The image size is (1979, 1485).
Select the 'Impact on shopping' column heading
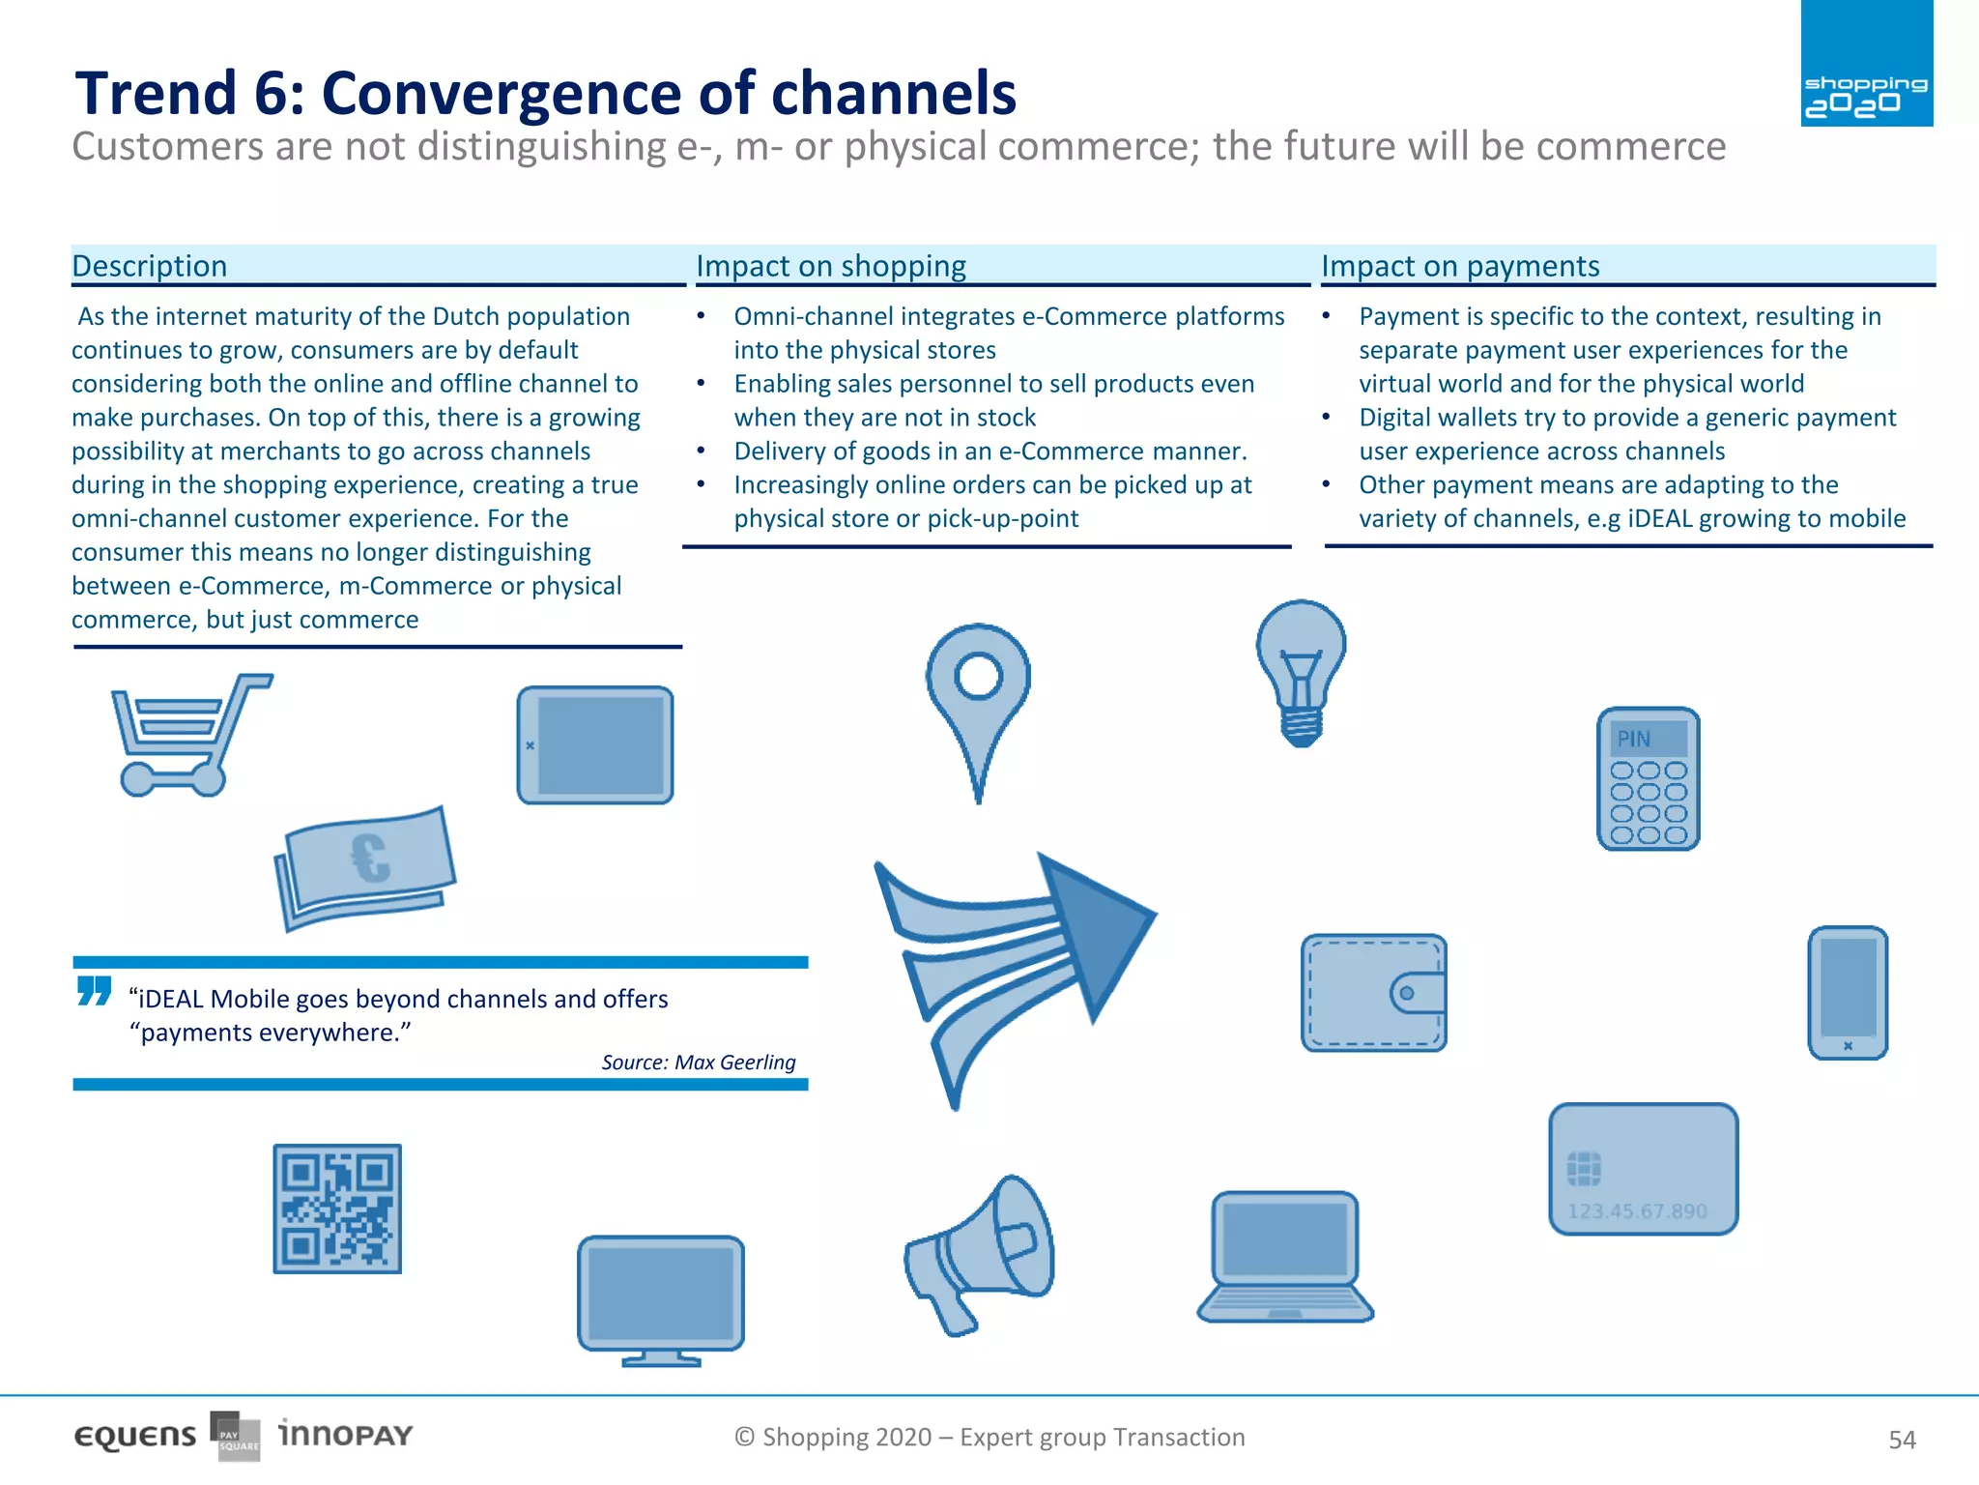pyautogui.click(x=830, y=266)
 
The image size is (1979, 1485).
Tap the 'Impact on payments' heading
pyautogui.click(x=1459, y=266)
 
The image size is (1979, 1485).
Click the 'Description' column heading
pyautogui.click(x=150, y=266)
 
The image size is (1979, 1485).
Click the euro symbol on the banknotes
pyautogui.click(x=370, y=858)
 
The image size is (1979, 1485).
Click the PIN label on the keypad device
pyautogui.click(x=1634, y=740)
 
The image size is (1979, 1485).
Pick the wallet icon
pyautogui.click(x=1373, y=993)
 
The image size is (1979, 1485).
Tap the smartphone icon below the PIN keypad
pyautogui.click(x=1847, y=993)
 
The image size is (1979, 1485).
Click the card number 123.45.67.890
pyautogui.click(x=1636, y=1211)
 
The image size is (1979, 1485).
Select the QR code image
pyautogui.click(x=336, y=1208)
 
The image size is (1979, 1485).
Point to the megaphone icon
pyautogui.click(x=981, y=1252)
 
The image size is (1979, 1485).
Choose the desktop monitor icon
pyautogui.click(x=661, y=1298)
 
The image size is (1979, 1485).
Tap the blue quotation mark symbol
pyautogui.click(x=94, y=991)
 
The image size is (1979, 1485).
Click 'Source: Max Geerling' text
pyautogui.click(x=698, y=1063)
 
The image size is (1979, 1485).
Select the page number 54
pyautogui.click(x=1901, y=1440)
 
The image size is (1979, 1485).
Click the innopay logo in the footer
pyautogui.click(x=345, y=1434)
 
